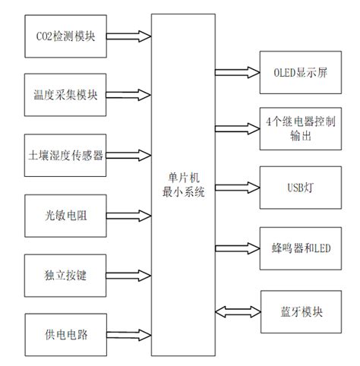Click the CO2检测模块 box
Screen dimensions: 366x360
coord(65,36)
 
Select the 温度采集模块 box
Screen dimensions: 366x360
coord(65,95)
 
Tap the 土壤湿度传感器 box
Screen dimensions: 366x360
coord(65,155)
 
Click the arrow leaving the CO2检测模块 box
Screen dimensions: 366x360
coord(129,35)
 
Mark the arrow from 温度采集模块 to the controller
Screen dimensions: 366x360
coord(129,95)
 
